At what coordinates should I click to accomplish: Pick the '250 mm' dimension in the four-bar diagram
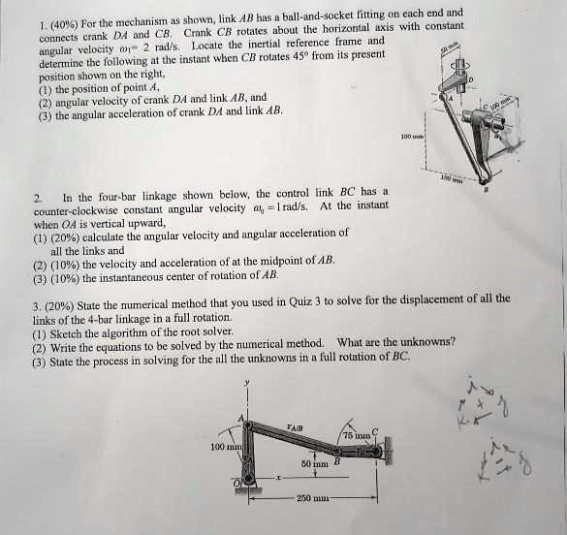coord(312,500)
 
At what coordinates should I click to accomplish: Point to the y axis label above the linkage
coord(247,384)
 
